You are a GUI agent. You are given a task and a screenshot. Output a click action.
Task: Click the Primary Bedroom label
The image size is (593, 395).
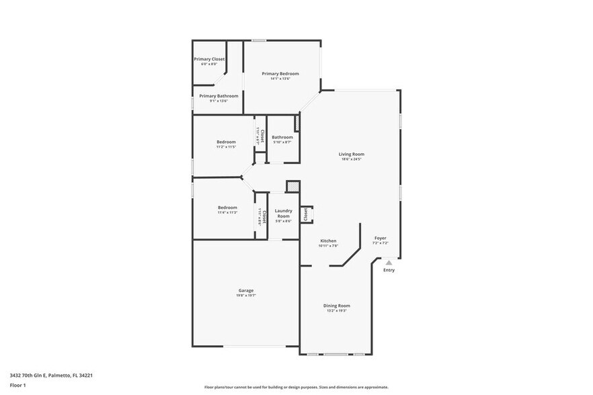[280, 73]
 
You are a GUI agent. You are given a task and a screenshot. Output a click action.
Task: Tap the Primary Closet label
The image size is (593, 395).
[209, 59]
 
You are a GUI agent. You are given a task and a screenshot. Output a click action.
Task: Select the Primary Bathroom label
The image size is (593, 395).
[219, 96]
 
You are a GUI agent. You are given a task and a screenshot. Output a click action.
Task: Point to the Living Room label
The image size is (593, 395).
[351, 155]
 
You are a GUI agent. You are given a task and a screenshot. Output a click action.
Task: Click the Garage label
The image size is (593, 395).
[245, 290]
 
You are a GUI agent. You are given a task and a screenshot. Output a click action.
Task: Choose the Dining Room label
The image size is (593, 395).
[336, 306]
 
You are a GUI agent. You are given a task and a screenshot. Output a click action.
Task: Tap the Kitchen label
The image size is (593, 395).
[328, 240]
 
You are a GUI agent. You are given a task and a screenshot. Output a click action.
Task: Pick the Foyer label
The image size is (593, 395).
[381, 238]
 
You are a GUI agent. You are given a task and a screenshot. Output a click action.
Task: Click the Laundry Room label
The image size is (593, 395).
[283, 213]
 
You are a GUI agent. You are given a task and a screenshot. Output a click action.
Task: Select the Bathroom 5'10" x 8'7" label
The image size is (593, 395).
[282, 137]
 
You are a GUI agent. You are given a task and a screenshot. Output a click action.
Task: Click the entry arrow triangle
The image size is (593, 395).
[389, 263]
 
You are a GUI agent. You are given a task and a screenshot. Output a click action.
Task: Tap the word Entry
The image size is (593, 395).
[389, 270]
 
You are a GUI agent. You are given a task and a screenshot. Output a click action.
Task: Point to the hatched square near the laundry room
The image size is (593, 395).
[292, 186]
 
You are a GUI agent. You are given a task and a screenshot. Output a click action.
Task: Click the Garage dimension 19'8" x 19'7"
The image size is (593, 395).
[245, 296]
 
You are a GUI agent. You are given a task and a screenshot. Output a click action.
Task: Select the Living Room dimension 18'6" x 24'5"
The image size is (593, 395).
[351, 159]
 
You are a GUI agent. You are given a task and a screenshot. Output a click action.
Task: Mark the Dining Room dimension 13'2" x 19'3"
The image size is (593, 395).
[336, 311]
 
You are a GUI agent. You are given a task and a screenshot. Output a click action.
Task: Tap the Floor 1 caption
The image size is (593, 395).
[17, 385]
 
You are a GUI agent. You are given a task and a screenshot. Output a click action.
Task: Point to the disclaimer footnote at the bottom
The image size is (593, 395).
[296, 388]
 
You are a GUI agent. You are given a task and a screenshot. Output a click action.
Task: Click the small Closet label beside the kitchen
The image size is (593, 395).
[306, 214]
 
